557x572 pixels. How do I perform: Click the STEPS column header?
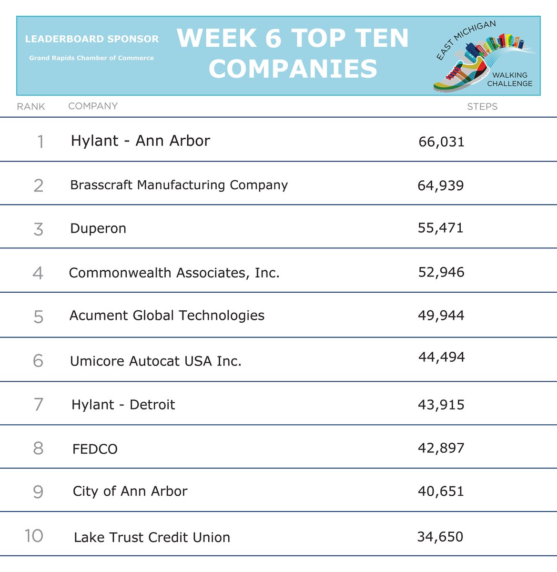coord(482,107)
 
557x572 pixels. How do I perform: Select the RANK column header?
coord(31,107)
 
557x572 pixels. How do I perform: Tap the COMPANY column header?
coord(93,106)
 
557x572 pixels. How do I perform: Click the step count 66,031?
coord(441,142)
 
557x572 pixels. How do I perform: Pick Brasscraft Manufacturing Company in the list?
coord(179,185)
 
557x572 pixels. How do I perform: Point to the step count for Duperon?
coord(440,228)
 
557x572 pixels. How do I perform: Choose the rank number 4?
coord(38,273)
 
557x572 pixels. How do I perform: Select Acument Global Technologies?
coord(167,316)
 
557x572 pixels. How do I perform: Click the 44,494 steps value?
coord(441,357)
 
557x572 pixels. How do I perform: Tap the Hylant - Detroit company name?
coord(123,405)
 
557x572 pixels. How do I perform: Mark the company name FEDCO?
coord(95,449)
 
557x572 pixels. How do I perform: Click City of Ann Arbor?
coord(130,491)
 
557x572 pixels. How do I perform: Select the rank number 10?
coord(34,536)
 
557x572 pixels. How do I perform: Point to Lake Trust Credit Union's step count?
coord(440,537)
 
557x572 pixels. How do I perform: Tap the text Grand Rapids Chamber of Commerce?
coord(91,58)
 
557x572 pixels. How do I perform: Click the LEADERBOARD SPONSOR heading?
coord(92,39)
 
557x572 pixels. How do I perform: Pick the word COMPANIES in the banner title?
coord(293,69)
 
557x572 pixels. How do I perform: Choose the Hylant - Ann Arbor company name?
coord(140,141)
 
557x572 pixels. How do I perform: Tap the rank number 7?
coord(39,405)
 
